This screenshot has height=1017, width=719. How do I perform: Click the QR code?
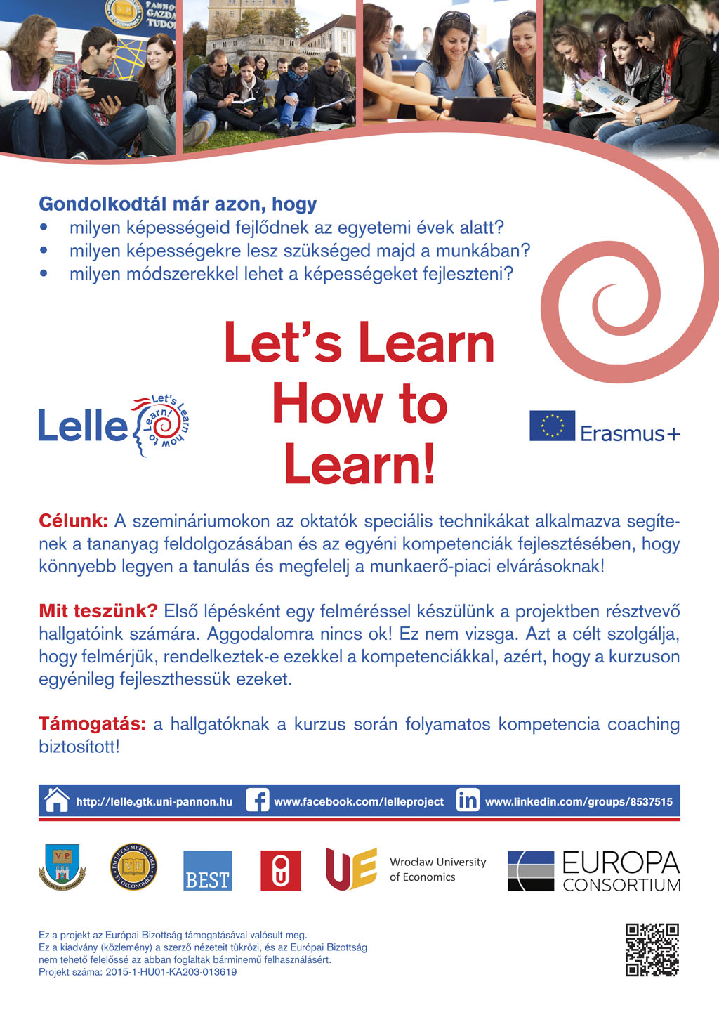coord(652,950)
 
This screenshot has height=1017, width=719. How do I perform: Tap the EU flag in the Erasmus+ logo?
coord(552,426)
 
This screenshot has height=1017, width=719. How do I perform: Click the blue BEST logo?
coord(207,871)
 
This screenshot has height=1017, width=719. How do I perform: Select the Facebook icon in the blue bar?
coord(257,801)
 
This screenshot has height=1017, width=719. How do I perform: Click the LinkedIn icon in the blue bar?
coord(468,801)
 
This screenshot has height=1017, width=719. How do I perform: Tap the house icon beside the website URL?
coord(56,801)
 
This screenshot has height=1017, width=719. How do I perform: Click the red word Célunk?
coord(73,521)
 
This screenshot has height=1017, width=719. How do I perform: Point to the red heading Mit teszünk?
coord(98,611)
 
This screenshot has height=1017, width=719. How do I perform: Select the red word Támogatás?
coord(92,723)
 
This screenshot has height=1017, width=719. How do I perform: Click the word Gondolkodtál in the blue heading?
coord(89,204)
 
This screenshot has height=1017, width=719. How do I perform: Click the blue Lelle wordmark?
coord(82,426)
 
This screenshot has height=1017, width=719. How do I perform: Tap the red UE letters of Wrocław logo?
coord(351,869)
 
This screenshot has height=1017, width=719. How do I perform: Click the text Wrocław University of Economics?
coord(437,869)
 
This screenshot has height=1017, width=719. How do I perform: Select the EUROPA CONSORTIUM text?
coord(621,872)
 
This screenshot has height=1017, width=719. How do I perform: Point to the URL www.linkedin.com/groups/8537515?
coord(579,801)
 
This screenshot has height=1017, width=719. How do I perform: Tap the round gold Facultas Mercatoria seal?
coord(133,867)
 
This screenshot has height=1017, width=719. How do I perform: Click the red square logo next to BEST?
coord(280,871)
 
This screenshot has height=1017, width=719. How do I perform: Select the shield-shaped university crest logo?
coord(62,866)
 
